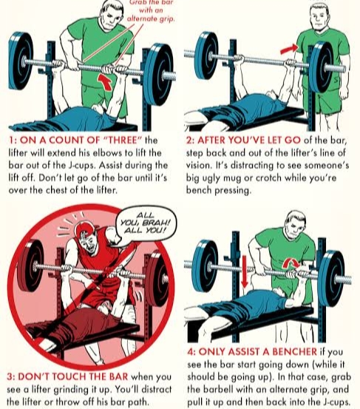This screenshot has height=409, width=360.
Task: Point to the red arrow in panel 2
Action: click(x=289, y=49)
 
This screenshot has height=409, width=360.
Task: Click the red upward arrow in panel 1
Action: click(x=105, y=81)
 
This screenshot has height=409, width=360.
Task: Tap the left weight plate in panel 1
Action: click(x=21, y=61)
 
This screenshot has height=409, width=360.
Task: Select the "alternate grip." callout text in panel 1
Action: click(x=151, y=18)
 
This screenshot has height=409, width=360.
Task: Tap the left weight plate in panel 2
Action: click(x=206, y=55)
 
